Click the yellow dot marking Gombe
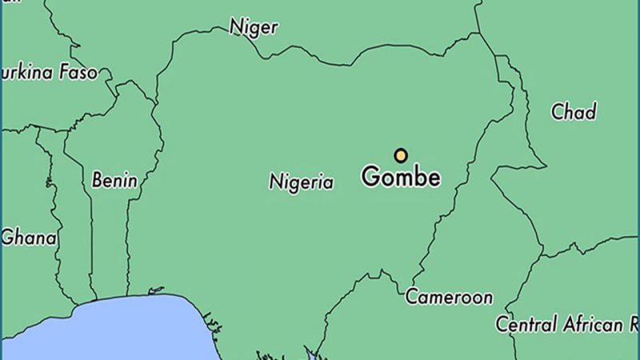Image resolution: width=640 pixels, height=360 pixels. pyautogui.click(x=401, y=155)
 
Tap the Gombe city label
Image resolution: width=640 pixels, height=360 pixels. pyautogui.click(x=401, y=177)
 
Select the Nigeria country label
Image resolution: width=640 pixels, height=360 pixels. pyautogui.click(x=301, y=182)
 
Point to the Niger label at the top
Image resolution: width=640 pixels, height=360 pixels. pyautogui.click(x=254, y=27)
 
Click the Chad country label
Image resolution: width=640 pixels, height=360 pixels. pyautogui.click(x=574, y=112)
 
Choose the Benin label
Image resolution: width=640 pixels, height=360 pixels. pyautogui.click(x=114, y=180)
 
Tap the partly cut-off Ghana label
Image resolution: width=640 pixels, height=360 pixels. pyautogui.click(x=29, y=238)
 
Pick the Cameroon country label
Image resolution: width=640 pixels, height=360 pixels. pyautogui.click(x=449, y=298)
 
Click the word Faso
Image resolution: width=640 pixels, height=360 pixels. pyautogui.click(x=77, y=73)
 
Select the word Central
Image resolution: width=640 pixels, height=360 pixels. pyautogui.click(x=526, y=325)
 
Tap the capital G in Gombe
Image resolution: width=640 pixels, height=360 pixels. pyautogui.click(x=370, y=177)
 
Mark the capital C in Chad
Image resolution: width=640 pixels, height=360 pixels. pyautogui.click(x=557, y=113)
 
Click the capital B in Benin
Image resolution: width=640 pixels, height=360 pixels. pyautogui.click(x=97, y=180)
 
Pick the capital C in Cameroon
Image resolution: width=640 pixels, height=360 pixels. pyautogui.click(x=411, y=298)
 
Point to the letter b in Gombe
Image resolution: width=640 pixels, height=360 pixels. pyautogui.click(x=418, y=176)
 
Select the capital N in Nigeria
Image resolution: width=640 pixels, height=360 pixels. pyautogui.click(x=275, y=182)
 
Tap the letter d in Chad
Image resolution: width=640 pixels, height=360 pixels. pyautogui.click(x=591, y=112)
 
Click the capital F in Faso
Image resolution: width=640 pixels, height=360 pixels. pyautogui.click(x=62, y=73)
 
